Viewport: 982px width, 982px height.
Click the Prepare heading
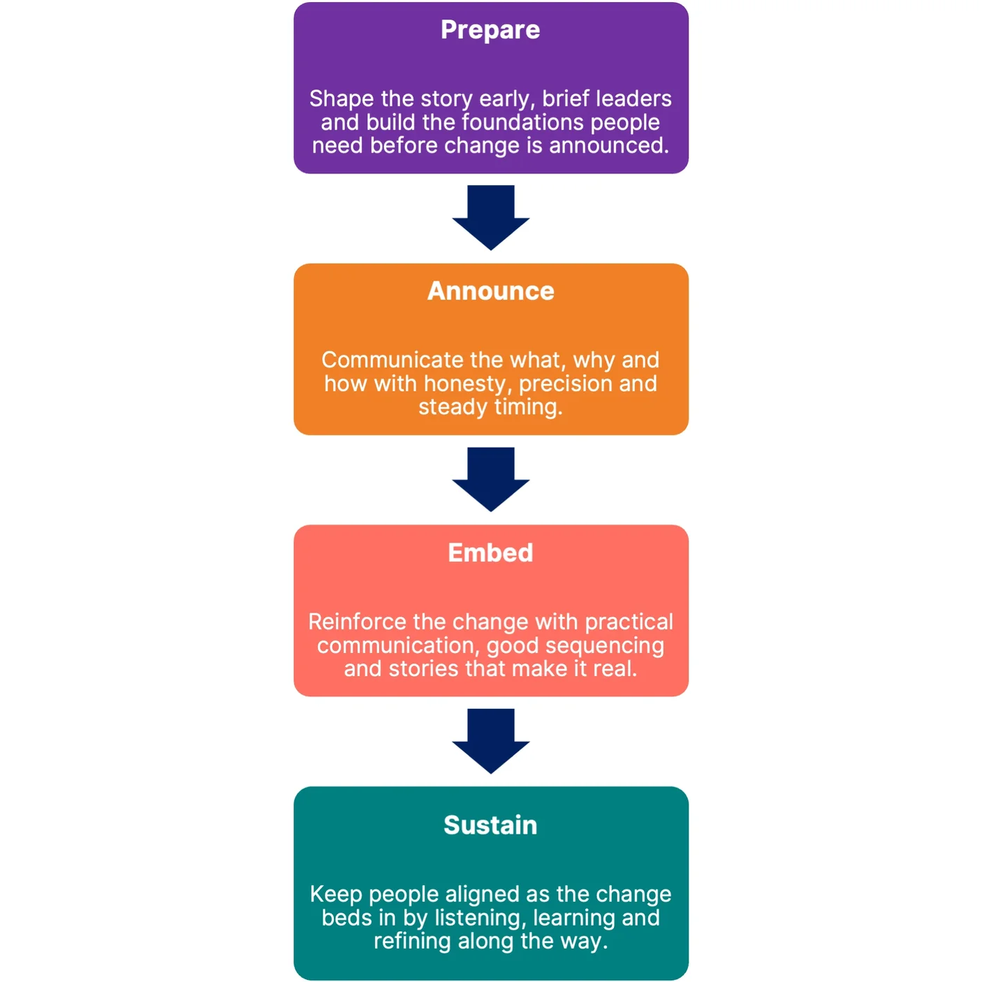click(x=490, y=30)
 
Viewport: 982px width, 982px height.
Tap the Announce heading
click(x=490, y=291)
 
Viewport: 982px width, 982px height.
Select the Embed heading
click(x=490, y=553)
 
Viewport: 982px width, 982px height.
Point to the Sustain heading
click(x=490, y=826)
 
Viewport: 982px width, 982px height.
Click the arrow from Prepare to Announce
click(x=491, y=217)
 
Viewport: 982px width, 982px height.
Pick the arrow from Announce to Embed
click(x=491, y=479)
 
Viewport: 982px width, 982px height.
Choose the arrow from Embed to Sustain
click(x=491, y=741)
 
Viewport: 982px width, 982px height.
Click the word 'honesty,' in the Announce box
click(x=468, y=384)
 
